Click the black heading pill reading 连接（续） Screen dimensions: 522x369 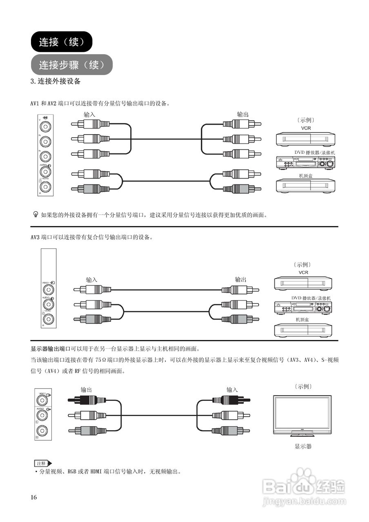62,42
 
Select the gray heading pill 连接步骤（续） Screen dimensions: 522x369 71,64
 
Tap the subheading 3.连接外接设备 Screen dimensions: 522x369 56,81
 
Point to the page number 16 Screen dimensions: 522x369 33,497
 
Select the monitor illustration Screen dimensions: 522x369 302,416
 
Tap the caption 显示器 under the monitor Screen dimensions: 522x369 303,447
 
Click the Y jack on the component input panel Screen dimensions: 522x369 45,125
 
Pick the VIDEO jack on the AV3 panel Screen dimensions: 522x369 49,290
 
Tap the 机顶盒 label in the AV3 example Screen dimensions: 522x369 302,319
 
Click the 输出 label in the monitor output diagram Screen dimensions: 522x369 86,389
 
